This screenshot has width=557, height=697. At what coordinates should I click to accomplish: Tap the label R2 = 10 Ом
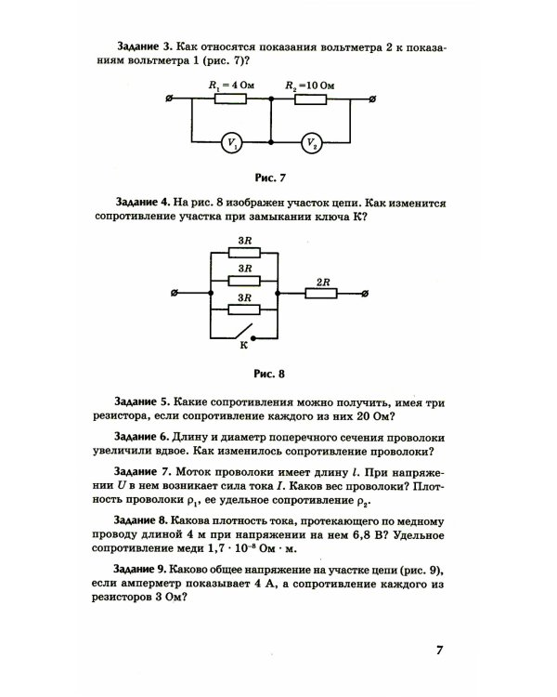310,85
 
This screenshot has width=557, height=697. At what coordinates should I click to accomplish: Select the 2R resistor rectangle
324,295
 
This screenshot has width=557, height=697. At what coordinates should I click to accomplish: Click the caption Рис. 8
268,375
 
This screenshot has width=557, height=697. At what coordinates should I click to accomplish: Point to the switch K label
243,345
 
